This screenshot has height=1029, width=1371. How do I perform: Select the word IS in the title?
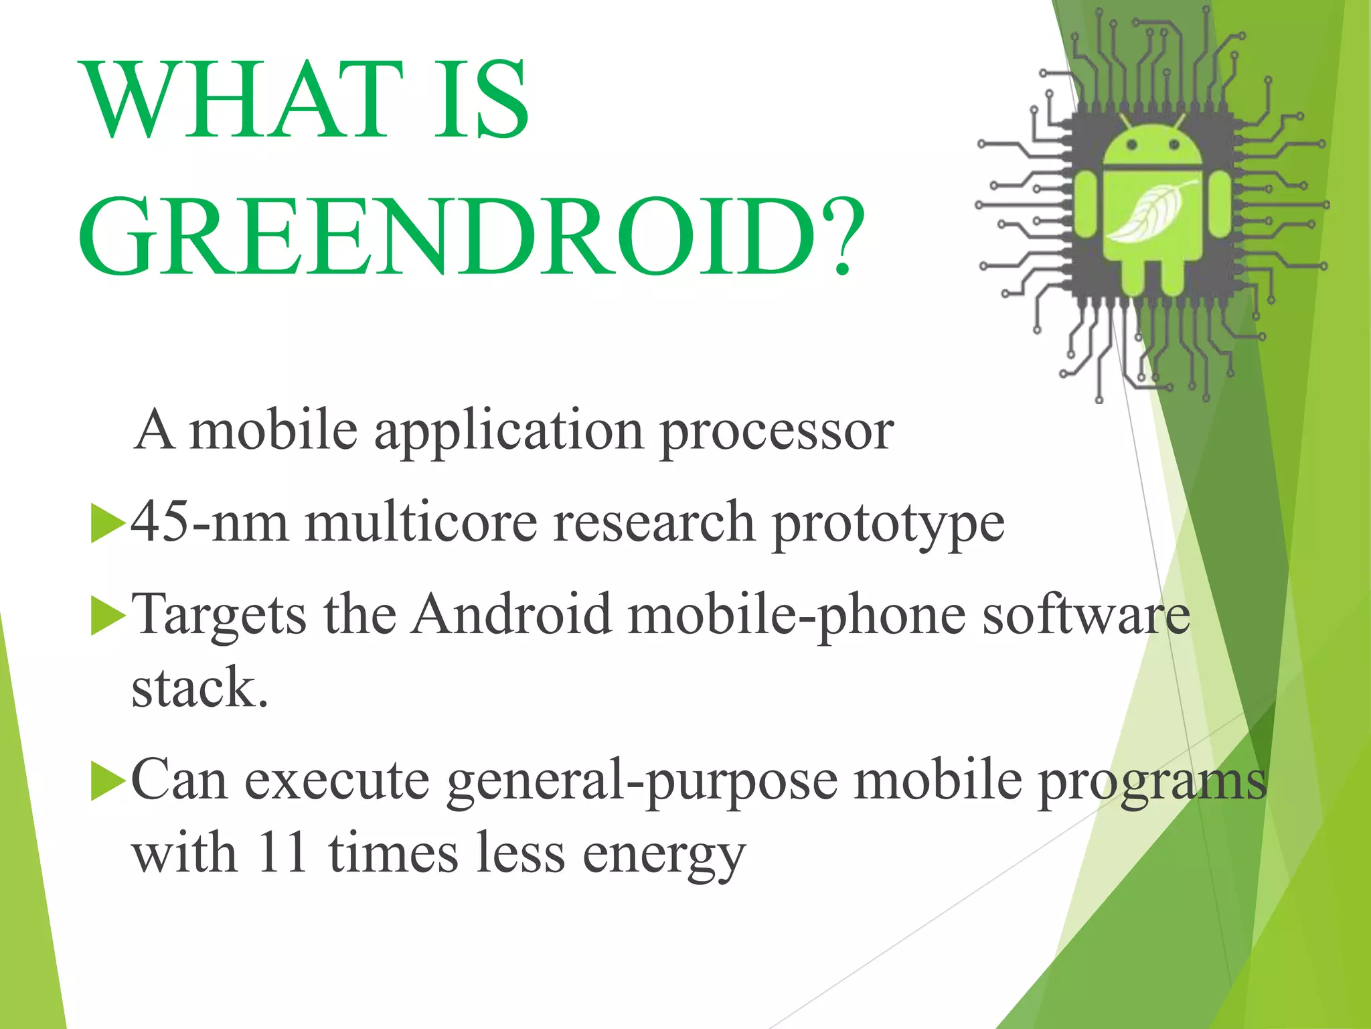pos(481,100)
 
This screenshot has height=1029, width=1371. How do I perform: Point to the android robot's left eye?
pos(1131,144)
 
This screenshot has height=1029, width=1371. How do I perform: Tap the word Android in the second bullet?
pos(511,614)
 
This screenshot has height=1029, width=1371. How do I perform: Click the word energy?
pos(663,855)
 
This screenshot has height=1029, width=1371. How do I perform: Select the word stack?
pos(199,688)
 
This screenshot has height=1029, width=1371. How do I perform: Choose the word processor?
pos(777,432)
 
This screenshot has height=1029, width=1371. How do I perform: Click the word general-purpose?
pos(642,782)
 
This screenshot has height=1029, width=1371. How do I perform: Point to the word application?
pos(509,432)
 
